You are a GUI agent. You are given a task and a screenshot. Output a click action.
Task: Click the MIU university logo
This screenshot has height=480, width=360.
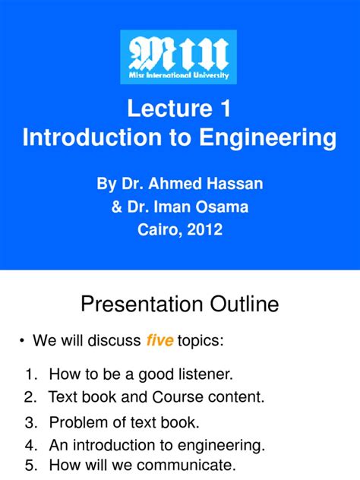178,57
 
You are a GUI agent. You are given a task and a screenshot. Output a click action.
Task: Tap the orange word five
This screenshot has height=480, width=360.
159,341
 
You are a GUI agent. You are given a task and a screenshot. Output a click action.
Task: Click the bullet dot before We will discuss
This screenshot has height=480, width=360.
21,341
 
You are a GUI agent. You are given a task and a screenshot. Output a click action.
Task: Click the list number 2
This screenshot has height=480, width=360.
30,396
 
